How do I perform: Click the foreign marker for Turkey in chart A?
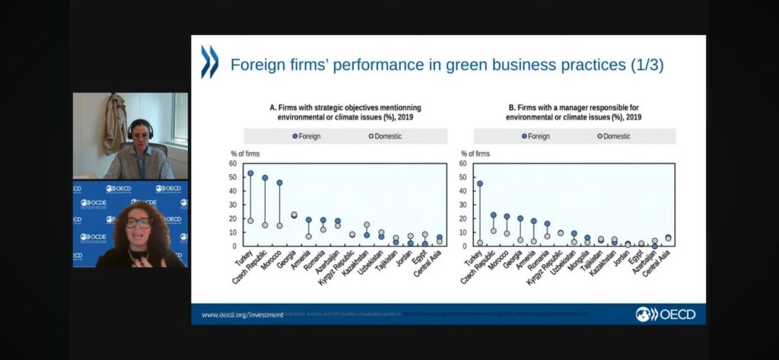tap(250, 174)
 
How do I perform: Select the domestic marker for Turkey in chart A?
tap(250, 221)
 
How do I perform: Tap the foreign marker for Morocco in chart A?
tap(279, 183)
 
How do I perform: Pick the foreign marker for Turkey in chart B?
tap(480, 183)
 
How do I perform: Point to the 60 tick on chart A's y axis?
tap(233, 164)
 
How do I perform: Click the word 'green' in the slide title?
tap(448, 65)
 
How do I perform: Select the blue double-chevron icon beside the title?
tap(209, 62)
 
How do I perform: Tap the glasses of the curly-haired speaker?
tap(137, 223)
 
